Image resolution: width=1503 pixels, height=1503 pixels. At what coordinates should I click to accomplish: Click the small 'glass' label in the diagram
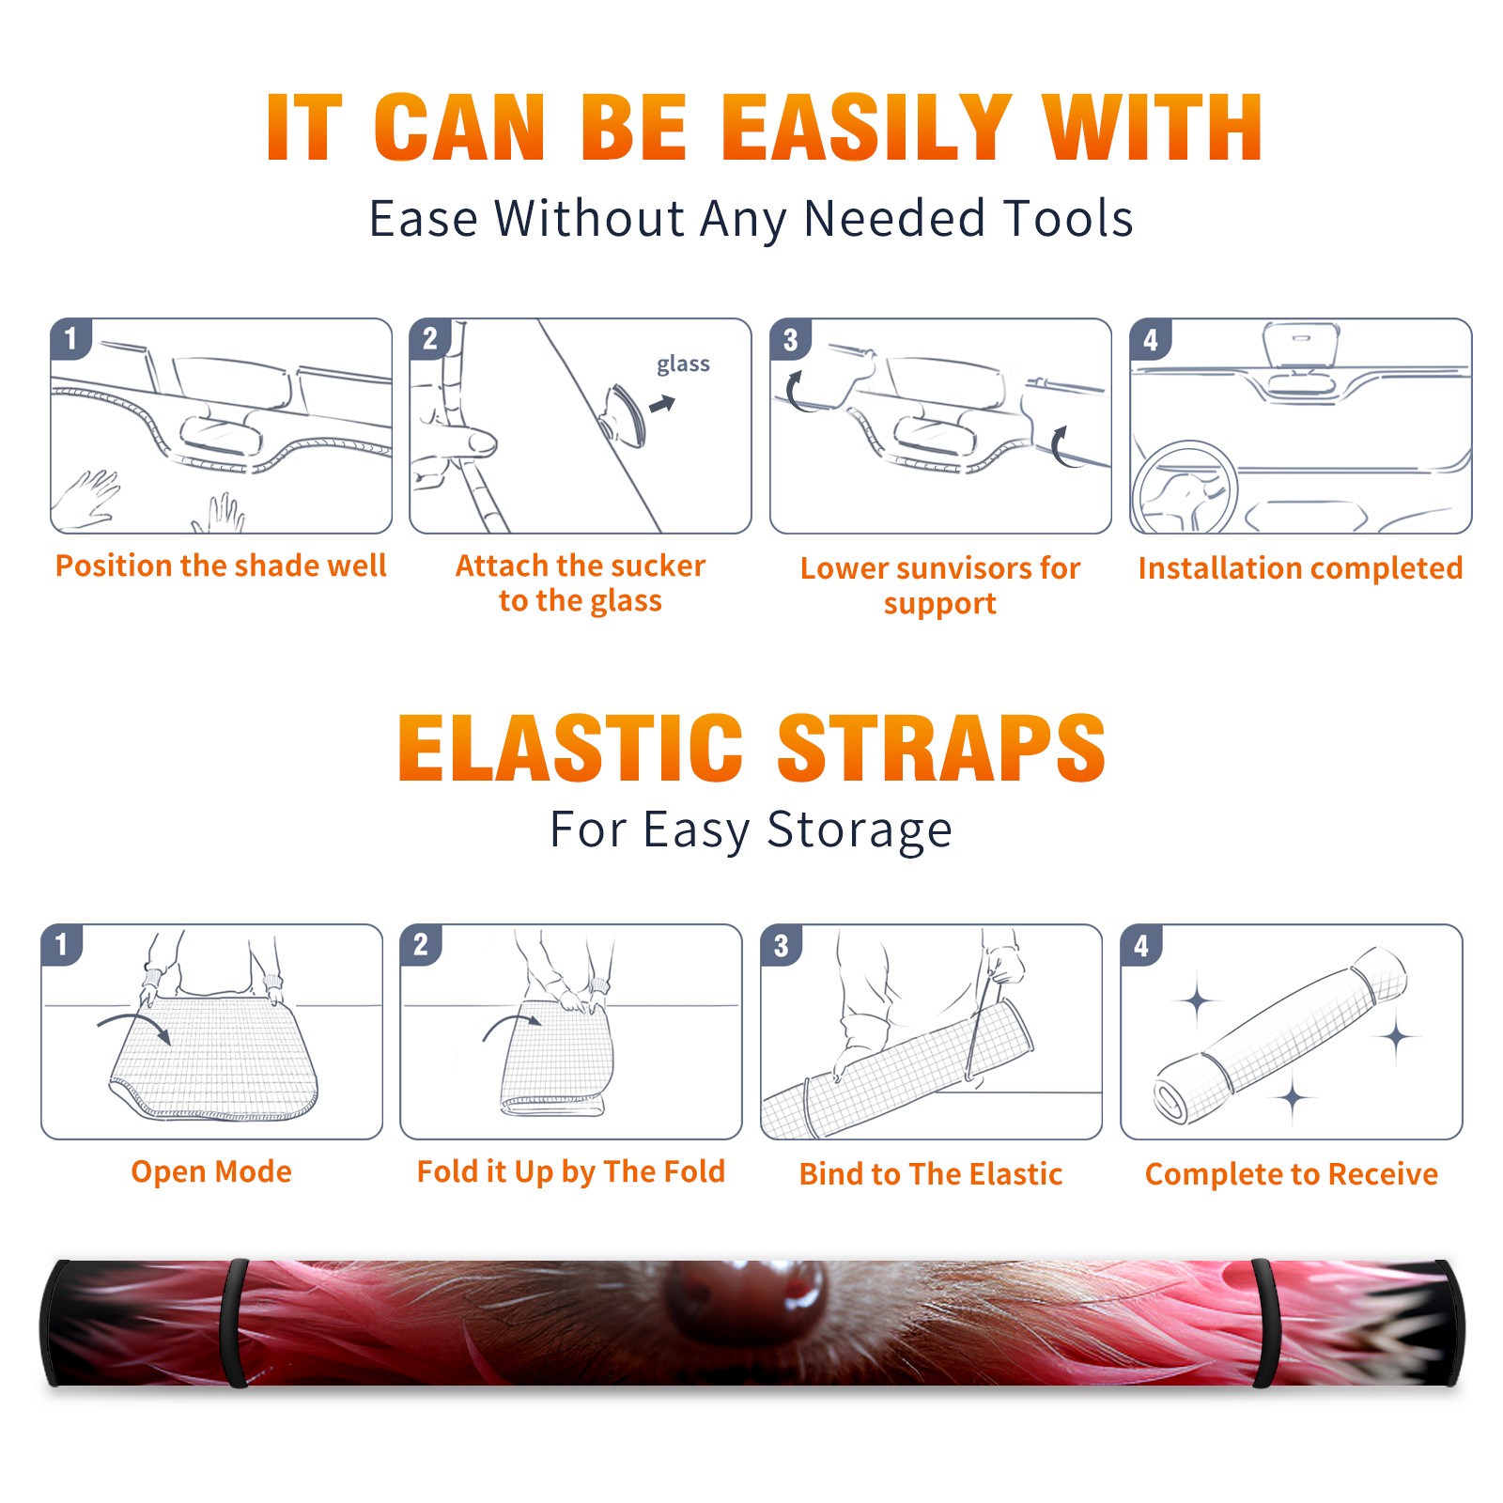(x=683, y=364)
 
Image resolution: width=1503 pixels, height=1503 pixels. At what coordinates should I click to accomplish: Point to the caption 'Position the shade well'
(x=221, y=566)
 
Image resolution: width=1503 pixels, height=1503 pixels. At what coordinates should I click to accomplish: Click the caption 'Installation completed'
(x=1300, y=568)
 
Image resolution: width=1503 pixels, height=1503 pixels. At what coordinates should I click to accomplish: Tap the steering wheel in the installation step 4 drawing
(x=1185, y=488)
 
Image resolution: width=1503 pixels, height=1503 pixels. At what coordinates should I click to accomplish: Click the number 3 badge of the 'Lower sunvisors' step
(x=790, y=339)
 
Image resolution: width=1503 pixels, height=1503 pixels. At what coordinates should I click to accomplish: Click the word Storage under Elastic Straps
(x=860, y=830)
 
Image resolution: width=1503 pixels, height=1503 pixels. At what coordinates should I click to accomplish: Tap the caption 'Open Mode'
(x=211, y=1171)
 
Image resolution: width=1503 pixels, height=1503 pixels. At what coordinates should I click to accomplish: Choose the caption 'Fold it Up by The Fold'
(x=571, y=1172)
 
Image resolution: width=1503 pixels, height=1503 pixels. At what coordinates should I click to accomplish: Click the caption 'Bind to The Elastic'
(x=931, y=1174)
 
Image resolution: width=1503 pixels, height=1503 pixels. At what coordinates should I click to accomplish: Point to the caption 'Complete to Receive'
(x=1292, y=1174)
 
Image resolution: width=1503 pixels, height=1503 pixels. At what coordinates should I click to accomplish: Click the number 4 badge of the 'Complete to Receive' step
(x=1141, y=945)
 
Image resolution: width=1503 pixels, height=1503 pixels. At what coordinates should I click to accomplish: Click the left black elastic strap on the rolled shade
(x=234, y=1323)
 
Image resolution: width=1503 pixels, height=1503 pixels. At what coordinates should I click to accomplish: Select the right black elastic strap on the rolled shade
(x=1264, y=1323)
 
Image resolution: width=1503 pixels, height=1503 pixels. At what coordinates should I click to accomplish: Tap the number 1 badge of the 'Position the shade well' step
(x=70, y=338)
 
